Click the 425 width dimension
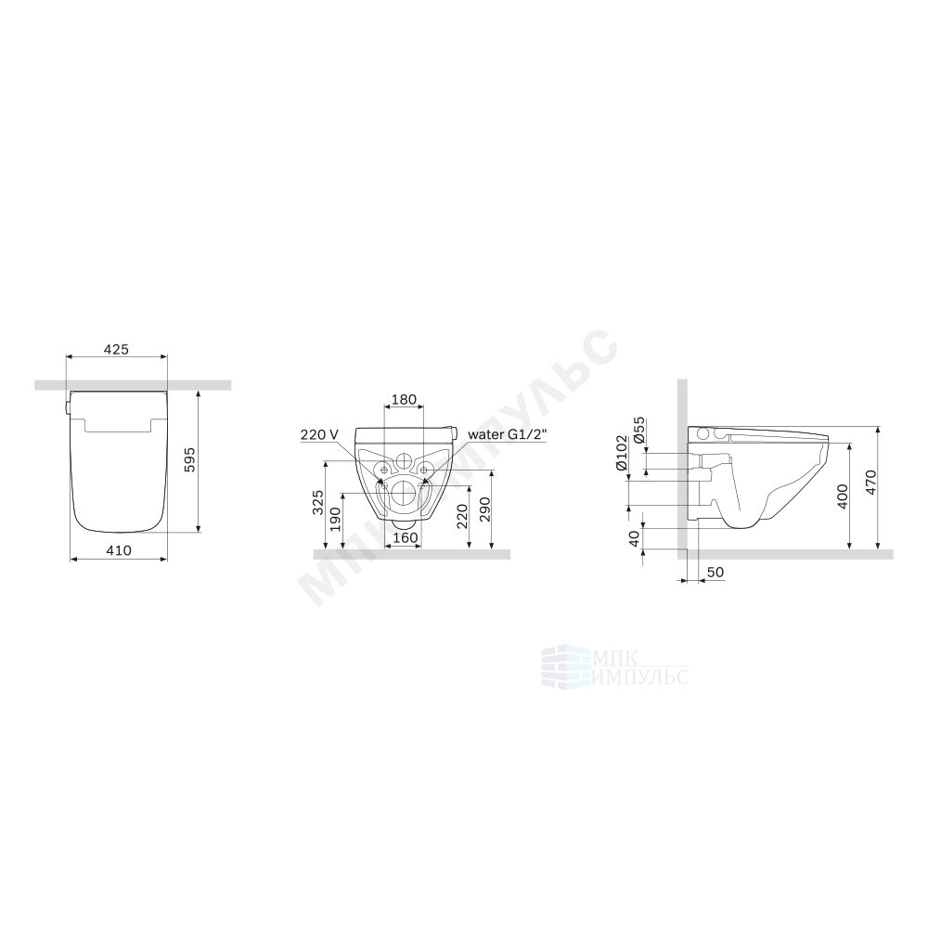(116, 349)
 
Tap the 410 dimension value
(119, 550)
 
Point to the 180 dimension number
(405, 399)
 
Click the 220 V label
(319, 435)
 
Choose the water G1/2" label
(508, 435)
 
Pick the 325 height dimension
(318, 502)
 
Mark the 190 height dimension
(336, 519)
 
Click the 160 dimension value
(406, 537)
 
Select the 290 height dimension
(484, 509)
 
